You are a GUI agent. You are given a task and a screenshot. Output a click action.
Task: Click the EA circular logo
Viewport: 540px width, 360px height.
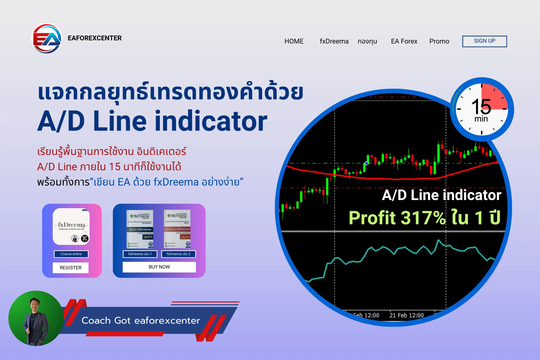[47, 39]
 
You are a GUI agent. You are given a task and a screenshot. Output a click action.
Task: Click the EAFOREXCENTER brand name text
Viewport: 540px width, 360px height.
[94, 38]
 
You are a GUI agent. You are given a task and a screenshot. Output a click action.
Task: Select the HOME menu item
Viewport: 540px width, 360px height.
[294, 41]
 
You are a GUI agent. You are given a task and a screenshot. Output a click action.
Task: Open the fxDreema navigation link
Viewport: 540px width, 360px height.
[334, 41]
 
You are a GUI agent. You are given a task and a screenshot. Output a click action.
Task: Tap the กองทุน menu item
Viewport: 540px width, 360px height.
[367, 41]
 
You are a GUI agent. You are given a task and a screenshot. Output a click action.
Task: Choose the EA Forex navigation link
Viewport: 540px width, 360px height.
[404, 41]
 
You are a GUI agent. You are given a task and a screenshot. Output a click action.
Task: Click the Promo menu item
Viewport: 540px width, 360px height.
[439, 41]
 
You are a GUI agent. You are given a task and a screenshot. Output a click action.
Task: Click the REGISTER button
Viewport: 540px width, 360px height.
[70, 267]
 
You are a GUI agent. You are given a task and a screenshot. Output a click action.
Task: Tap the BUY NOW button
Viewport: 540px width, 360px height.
[159, 267]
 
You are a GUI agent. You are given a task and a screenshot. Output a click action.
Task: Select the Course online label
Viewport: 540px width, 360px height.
[71, 254]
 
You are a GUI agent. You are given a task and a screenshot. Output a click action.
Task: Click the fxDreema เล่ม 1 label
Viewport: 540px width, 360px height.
[140, 254]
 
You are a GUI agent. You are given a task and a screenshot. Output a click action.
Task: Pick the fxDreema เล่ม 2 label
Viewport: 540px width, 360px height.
[178, 254]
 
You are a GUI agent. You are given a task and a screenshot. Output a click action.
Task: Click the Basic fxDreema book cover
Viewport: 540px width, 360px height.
[140, 229]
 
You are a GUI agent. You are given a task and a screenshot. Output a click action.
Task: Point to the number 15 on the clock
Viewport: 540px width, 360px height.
[481, 106]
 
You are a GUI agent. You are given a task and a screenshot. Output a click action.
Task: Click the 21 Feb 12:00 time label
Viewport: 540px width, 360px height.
[406, 315]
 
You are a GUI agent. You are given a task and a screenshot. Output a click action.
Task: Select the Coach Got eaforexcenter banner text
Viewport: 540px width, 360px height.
[141, 320]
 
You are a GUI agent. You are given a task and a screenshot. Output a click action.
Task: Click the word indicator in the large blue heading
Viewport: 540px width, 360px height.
[211, 121]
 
